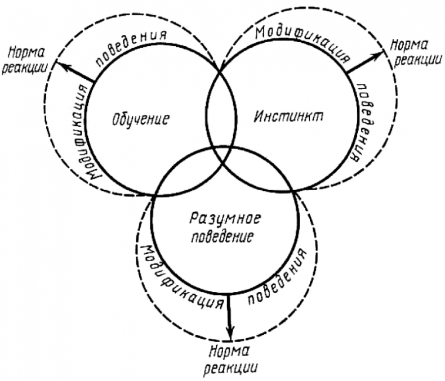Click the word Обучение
140,119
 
